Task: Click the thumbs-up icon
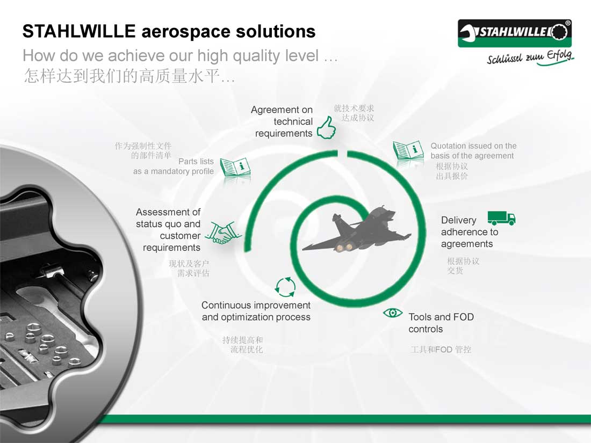pos(327,128)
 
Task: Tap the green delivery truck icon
pos(501,218)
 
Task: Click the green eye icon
pos(392,313)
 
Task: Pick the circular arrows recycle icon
pos(285,287)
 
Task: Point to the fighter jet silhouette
pos(356,230)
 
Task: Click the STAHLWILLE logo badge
pos(515,33)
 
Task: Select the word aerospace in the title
pos(186,31)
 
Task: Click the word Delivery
pos(458,220)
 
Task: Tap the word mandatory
pos(171,171)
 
